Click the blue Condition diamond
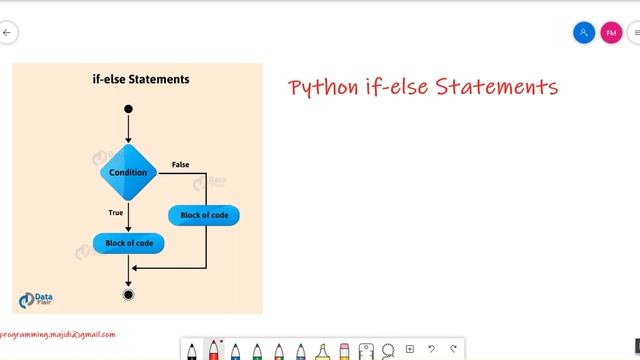129,172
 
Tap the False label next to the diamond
180,164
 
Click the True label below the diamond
116,212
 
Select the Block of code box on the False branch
210,215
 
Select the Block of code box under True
128,243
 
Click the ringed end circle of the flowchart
128,294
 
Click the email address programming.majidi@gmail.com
58,335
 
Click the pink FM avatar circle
611,33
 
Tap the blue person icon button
584,33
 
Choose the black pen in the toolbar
192,350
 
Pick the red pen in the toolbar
213,350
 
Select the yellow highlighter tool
322,350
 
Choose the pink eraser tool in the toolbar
344,350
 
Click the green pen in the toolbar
257,350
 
